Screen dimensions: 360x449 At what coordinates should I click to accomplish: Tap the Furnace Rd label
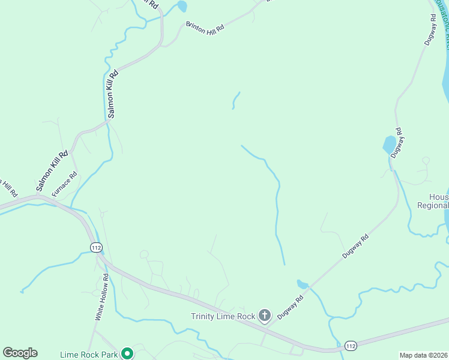point(65,184)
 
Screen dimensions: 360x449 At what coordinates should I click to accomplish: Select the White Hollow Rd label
point(101,296)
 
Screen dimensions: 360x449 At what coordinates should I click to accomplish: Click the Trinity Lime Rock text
point(223,316)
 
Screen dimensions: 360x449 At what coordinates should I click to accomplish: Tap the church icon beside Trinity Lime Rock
point(265,316)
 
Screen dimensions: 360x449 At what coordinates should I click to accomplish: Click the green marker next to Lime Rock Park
point(127,353)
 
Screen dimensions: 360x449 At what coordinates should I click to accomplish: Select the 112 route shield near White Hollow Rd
point(96,247)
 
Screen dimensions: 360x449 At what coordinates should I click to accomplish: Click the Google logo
point(20,353)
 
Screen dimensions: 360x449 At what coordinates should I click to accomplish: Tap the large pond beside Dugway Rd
point(390,145)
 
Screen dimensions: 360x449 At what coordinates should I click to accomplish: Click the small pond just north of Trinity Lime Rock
point(302,284)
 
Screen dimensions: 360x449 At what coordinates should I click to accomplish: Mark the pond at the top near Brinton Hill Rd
point(182,7)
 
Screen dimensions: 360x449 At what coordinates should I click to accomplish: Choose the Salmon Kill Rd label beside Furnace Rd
point(52,172)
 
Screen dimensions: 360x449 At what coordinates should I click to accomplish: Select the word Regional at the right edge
point(433,205)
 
